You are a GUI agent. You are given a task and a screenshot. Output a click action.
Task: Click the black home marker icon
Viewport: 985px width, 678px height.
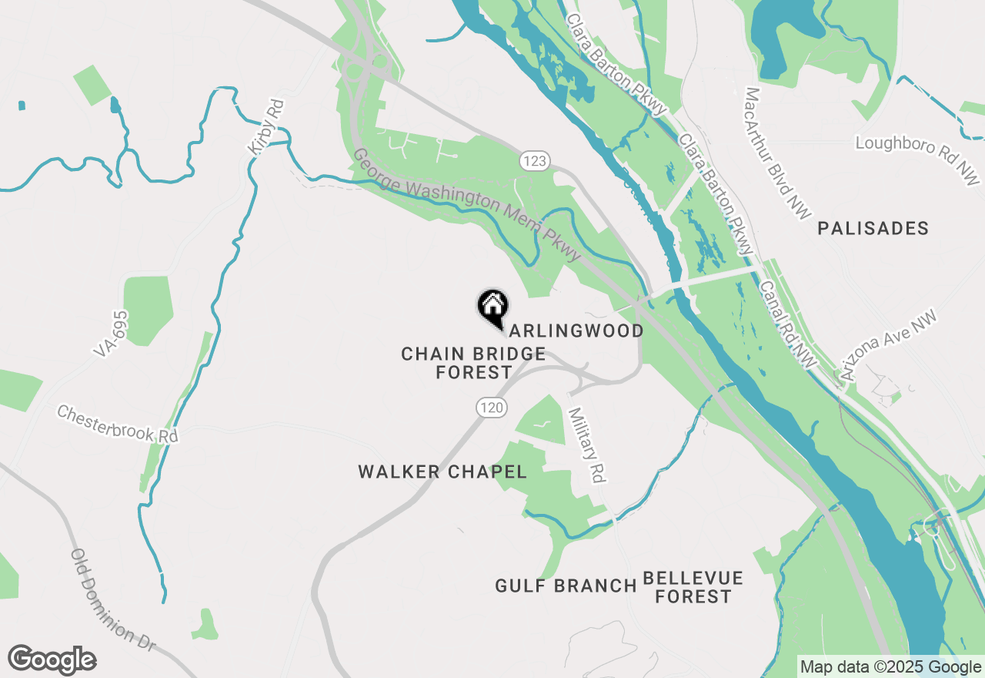click(492, 306)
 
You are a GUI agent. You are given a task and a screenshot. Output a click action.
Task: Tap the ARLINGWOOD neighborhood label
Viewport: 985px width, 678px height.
click(576, 331)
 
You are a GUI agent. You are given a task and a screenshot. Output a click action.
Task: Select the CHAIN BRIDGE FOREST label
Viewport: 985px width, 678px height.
click(473, 363)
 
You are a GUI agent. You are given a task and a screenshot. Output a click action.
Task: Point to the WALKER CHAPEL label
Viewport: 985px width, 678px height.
click(442, 472)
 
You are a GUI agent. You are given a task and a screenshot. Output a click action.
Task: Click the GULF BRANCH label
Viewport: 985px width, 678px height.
click(566, 586)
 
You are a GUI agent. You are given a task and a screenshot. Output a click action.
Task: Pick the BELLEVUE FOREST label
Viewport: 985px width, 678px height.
click(693, 587)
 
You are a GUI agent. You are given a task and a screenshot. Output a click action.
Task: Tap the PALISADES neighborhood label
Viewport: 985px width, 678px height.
click(873, 228)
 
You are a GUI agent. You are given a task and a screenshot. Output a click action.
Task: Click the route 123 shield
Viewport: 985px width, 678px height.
click(533, 161)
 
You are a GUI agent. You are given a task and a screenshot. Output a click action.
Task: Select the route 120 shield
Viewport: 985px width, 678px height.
click(491, 407)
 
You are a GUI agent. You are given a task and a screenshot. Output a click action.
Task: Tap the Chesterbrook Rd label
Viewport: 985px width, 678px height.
click(118, 424)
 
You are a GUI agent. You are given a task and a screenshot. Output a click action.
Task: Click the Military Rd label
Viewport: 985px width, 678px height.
click(585, 445)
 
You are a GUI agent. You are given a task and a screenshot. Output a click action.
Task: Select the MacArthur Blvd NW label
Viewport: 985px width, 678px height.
click(777, 152)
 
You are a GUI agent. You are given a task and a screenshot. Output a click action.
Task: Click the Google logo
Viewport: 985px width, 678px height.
click(52, 660)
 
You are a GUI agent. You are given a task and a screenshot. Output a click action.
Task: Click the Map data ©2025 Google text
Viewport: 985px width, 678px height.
click(890, 667)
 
